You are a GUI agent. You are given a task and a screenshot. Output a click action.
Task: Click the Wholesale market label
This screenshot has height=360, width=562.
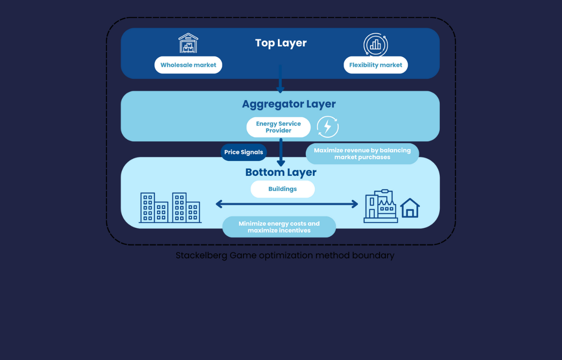tap(188, 65)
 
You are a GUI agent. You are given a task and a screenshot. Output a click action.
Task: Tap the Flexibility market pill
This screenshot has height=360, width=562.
tap(375, 65)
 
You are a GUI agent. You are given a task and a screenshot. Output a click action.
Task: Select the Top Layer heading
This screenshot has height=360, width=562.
tap(281, 43)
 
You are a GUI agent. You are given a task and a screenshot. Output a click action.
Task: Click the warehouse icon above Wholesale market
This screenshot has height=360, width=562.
tap(188, 43)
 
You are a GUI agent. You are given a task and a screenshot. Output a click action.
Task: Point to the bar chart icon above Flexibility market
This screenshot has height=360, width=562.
tap(375, 45)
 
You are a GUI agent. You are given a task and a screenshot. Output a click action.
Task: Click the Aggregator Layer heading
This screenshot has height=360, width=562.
tap(289, 104)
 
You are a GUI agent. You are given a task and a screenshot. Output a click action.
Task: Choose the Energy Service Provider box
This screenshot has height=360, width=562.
tap(278, 127)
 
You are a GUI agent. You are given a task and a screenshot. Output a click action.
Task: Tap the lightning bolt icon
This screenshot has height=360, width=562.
tap(327, 127)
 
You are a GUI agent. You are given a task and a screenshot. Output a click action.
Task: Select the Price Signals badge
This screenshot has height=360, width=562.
tap(244, 152)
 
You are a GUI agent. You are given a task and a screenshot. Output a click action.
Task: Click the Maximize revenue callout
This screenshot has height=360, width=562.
tap(362, 153)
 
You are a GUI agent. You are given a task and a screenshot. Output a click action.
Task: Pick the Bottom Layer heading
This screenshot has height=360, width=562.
tap(281, 172)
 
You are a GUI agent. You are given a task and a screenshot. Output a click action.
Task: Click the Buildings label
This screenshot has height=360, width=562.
tap(282, 189)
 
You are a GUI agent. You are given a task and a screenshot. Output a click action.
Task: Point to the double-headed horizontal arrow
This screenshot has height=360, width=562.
tap(287, 204)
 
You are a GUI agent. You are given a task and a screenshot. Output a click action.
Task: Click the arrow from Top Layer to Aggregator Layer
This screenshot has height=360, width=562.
tap(280, 80)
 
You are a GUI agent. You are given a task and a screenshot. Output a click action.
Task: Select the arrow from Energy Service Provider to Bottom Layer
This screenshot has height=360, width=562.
tap(281, 153)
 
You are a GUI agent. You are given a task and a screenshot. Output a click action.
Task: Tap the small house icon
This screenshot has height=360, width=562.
tap(410, 208)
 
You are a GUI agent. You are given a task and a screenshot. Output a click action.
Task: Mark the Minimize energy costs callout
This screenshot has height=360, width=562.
tap(279, 227)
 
